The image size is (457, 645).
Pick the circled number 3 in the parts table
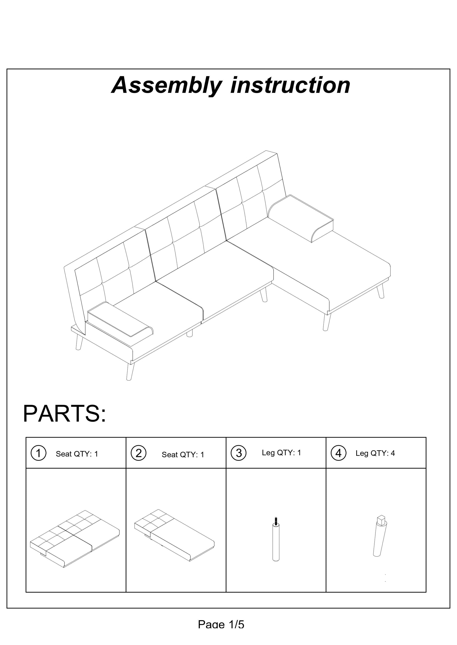pyautogui.click(x=239, y=453)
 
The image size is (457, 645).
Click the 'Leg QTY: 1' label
pyautogui.click(x=281, y=453)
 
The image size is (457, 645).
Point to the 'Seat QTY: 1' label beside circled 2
pyautogui.click(x=183, y=454)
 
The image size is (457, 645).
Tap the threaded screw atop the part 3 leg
pyautogui.click(x=276, y=521)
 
